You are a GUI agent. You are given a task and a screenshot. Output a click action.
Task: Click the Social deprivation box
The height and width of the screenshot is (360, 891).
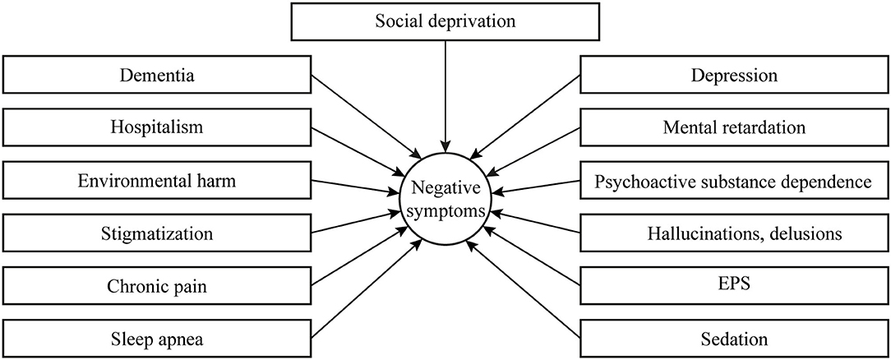[x=445, y=21]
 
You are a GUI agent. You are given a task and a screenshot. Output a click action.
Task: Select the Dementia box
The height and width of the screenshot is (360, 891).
[x=157, y=75]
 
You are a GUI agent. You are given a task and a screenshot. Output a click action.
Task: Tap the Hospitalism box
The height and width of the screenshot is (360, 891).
[x=157, y=127]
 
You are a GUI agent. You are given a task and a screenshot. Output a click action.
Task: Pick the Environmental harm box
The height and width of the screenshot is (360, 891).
[x=157, y=181]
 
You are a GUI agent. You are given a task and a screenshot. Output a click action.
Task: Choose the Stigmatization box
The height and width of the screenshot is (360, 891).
[x=157, y=233]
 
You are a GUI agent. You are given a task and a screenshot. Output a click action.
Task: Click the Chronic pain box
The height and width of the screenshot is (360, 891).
[x=157, y=285]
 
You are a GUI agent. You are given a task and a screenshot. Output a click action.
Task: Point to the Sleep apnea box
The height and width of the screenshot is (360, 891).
[x=157, y=339]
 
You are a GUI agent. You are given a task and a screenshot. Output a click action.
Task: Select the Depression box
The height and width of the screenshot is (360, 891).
[x=734, y=75]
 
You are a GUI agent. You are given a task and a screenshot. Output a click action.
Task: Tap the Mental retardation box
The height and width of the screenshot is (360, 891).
[x=734, y=127]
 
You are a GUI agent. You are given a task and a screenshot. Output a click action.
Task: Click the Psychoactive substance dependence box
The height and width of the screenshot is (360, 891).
[x=734, y=181]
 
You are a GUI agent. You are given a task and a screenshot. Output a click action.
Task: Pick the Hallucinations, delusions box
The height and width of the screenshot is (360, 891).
[x=734, y=233]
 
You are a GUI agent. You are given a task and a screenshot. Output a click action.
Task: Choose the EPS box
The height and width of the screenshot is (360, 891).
[x=734, y=285]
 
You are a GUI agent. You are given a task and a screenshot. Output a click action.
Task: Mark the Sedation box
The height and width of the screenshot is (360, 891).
[x=734, y=339]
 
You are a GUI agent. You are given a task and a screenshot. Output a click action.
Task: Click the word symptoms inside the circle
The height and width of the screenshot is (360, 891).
[x=445, y=212]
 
